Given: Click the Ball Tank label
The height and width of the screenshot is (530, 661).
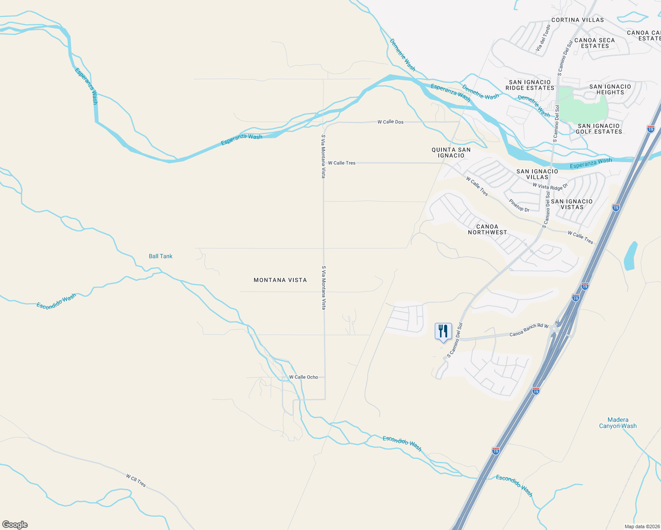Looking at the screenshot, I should [160, 256].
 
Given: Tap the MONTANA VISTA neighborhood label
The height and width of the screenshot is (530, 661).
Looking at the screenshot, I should [280, 280].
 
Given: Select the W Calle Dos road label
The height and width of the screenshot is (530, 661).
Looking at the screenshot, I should [390, 122].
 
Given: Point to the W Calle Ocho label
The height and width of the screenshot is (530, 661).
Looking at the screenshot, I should [304, 377].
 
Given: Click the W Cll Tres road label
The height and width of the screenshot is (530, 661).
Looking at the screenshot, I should [136, 480].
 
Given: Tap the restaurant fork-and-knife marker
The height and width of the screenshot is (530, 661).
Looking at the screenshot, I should [443, 331].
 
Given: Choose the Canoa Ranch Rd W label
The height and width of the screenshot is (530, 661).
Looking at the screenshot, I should [529, 330].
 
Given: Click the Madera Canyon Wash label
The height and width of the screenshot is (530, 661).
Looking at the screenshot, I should [618, 423].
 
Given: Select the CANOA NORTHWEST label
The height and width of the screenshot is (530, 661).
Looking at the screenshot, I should [487, 229].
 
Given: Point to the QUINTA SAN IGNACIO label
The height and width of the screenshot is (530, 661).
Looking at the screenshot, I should [451, 152].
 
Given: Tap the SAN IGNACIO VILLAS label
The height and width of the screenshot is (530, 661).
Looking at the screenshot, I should [537, 174].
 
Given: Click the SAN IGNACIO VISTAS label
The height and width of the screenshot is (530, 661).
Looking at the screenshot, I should [572, 204].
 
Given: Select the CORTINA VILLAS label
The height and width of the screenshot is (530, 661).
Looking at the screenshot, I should [577, 20].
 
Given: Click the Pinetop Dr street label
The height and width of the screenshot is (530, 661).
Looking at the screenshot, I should [519, 205].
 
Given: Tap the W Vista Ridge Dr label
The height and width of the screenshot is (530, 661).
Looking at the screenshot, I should [550, 186].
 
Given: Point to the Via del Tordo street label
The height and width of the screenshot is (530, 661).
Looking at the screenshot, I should [543, 38].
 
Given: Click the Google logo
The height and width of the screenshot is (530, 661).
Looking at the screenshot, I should [15, 525].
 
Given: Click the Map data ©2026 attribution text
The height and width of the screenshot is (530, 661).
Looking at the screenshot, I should [641, 526].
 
